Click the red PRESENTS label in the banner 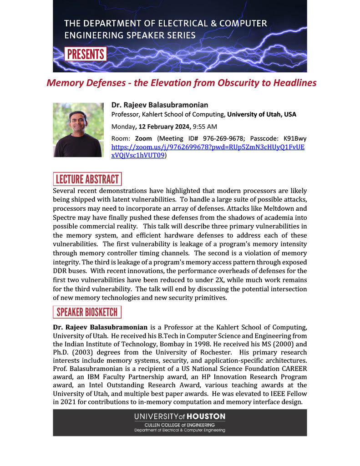(x=86, y=54)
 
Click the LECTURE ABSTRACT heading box (x=87, y=179)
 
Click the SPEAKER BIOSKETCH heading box (x=87, y=312)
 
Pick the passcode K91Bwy (x=295, y=138)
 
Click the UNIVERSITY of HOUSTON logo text (x=179, y=416)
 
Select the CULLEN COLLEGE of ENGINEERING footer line (x=179, y=425)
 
